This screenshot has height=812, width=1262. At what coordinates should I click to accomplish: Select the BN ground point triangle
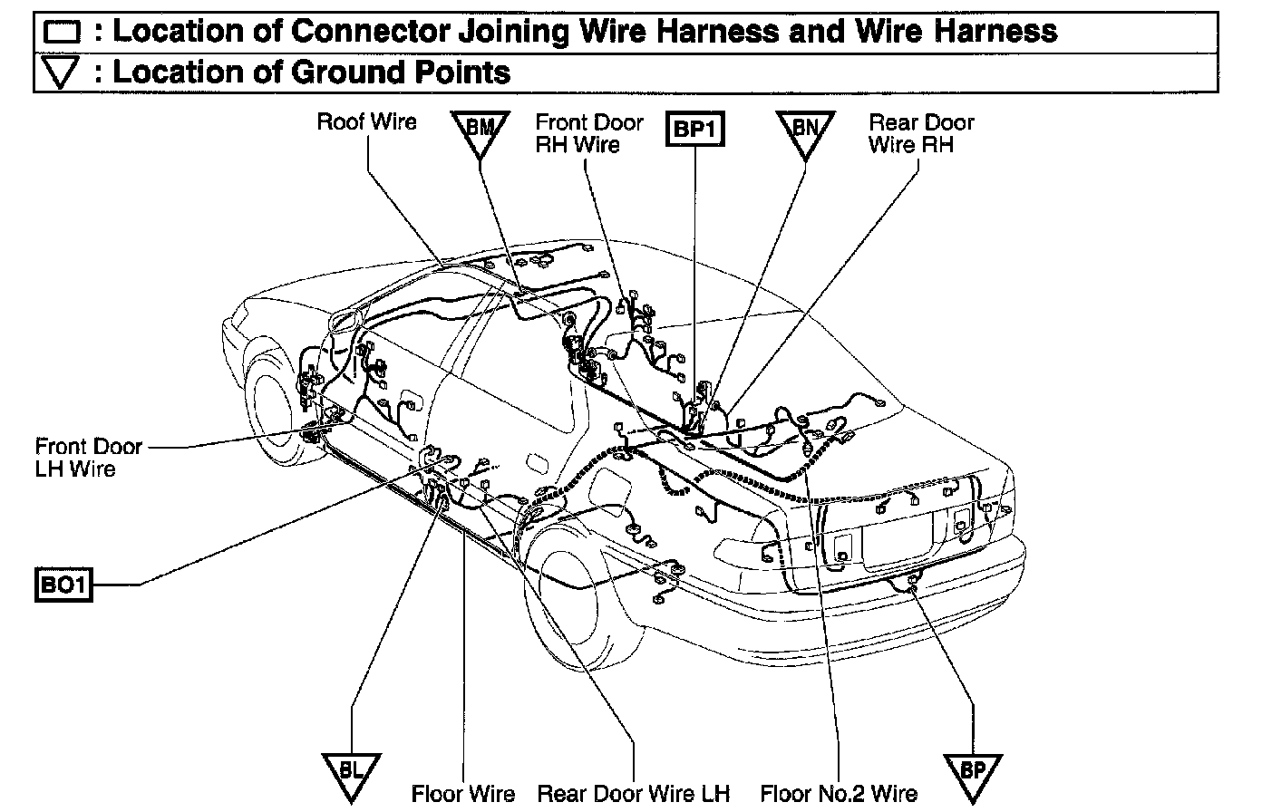tap(805, 132)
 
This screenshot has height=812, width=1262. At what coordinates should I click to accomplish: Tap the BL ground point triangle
tap(352, 773)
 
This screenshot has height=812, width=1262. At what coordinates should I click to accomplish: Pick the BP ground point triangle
tap(972, 773)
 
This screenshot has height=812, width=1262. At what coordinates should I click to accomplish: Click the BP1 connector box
tap(695, 130)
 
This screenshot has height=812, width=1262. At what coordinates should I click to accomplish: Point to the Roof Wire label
tap(366, 121)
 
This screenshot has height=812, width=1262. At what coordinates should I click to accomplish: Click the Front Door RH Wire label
tap(588, 133)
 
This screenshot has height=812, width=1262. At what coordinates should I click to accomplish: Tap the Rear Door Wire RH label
tap(920, 133)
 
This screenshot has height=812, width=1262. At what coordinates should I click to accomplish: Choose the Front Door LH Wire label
tap(88, 457)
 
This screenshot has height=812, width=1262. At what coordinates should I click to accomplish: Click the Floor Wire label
tap(463, 795)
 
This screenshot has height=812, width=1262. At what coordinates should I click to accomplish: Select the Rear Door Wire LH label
tap(634, 795)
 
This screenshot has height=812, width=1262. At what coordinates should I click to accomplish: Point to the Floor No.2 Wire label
tap(839, 795)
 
